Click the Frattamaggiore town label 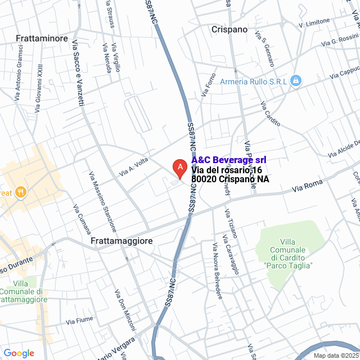pos(121,240)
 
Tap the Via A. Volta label pos(133,166)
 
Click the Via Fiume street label pos(79,321)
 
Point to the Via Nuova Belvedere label pos(217,271)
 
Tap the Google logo pos(19,353)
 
